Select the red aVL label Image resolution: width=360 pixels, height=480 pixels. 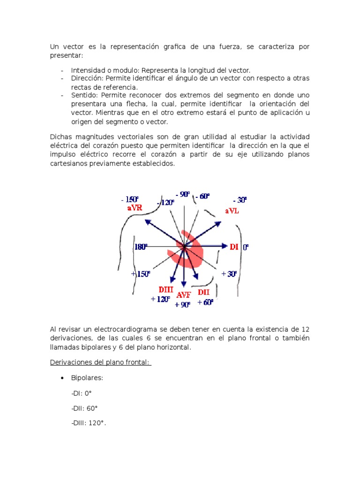coord(232,211)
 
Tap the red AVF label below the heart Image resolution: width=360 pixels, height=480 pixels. coord(184,295)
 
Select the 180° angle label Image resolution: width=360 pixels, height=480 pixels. coord(141,247)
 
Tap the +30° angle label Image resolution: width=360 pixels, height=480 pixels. coord(229,274)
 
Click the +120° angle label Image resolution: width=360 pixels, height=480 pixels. coord(160,300)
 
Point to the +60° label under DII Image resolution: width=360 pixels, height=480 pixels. coord(205,302)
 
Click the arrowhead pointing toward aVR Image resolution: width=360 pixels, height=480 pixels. coord(147,221)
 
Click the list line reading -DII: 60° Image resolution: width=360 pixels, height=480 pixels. coord(84,408)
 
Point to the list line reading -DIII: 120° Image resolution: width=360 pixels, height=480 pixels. coord(89,424)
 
